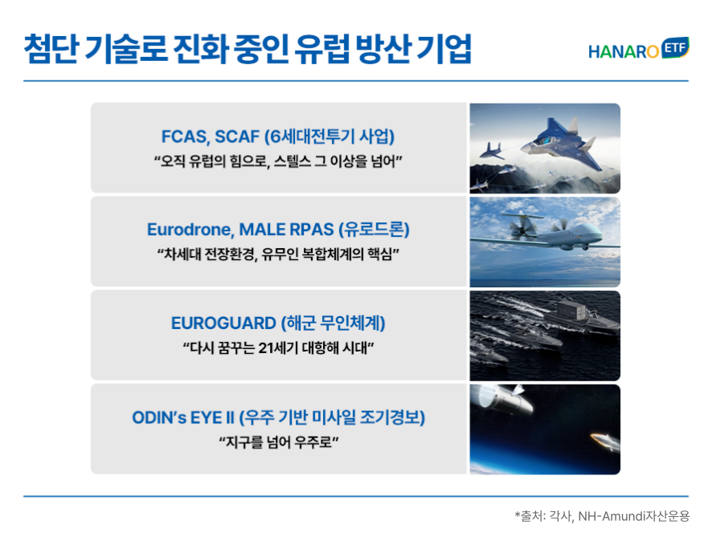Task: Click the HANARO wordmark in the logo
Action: pos(623,51)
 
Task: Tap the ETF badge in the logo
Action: pos(676,47)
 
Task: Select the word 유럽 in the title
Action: pos(322,48)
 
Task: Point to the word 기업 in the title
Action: pos(444,48)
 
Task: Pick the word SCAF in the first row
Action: pos(237,136)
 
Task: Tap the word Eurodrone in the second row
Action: pos(190,230)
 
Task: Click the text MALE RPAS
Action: pos(287,230)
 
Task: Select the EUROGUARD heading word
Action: pos(223,323)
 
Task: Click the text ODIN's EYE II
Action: pos(183,417)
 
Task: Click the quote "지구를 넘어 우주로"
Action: pos(279,441)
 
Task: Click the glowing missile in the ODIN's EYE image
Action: pos(605,441)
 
